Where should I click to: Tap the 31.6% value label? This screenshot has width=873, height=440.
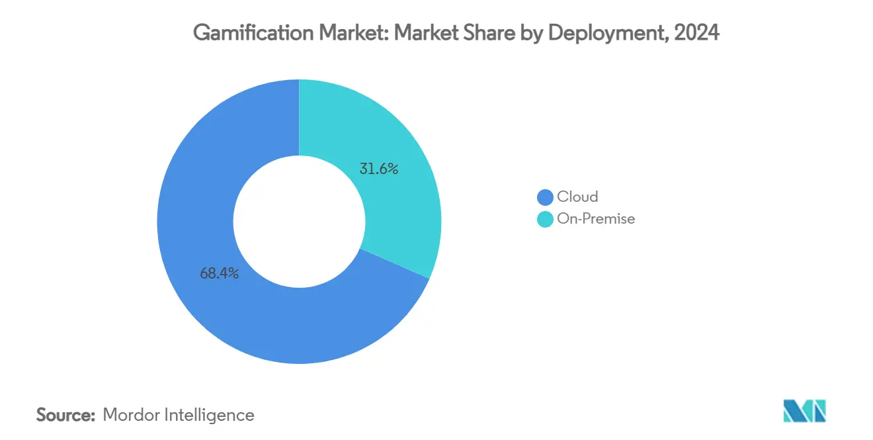[379, 169]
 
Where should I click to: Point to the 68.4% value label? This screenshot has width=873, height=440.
[219, 273]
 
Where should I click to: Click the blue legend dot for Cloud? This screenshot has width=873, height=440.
[545, 197]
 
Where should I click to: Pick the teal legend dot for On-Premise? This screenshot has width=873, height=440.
[545, 219]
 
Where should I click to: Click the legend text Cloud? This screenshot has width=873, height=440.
[577, 197]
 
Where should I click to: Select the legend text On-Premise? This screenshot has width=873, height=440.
[596, 219]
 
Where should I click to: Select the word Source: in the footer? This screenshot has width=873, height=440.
[65, 415]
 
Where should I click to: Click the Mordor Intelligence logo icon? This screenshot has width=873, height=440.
[804, 411]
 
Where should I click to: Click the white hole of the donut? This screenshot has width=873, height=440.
[299, 221]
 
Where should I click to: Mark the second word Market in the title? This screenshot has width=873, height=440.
[434, 34]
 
